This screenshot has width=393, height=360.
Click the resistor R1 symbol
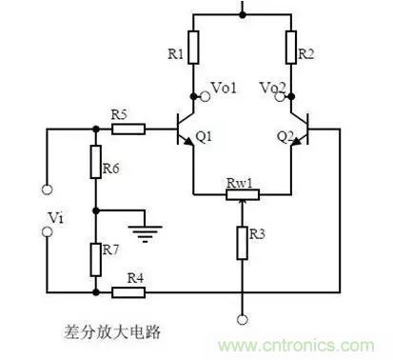(x=194, y=48)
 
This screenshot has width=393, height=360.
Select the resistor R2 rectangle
(x=291, y=48)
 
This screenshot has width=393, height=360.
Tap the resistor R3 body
(x=242, y=243)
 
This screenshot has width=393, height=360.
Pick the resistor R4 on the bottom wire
(x=128, y=292)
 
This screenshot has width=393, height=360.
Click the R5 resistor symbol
(x=128, y=130)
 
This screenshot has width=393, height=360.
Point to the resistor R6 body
(x=96, y=162)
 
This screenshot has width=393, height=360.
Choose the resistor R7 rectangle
(x=96, y=259)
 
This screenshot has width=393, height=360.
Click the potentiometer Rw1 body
(x=243, y=194)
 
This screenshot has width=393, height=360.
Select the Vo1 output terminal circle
(x=206, y=96)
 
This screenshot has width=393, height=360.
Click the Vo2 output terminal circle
(x=280, y=96)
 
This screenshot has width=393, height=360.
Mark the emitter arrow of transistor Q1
(x=188, y=142)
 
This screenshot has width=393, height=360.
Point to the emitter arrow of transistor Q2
(x=296, y=142)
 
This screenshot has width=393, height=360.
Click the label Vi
(x=56, y=218)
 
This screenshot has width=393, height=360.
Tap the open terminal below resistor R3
(x=243, y=320)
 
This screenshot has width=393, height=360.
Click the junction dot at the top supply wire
(x=243, y=14)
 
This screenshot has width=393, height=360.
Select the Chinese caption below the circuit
(x=112, y=332)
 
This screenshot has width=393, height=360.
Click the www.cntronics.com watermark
(x=296, y=346)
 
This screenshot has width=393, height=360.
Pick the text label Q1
(x=204, y=137)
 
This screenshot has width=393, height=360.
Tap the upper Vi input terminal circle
(x=48, y=190)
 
